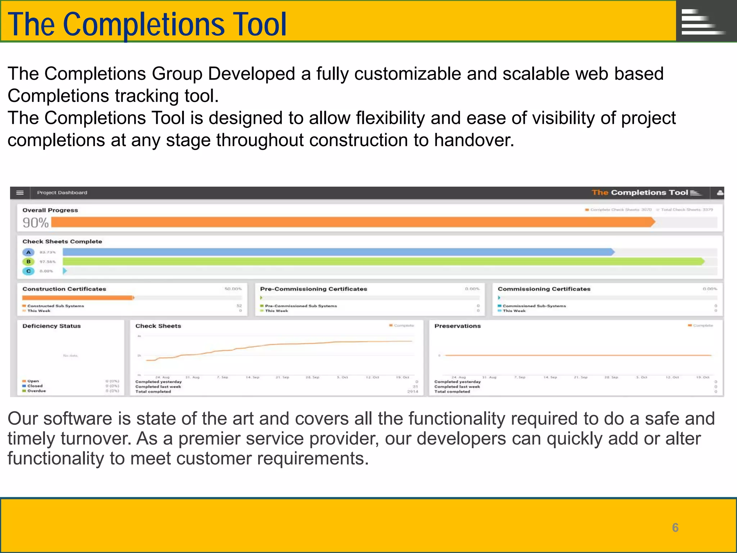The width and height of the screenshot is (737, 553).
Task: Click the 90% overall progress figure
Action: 35,223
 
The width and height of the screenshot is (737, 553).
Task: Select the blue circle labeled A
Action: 28,252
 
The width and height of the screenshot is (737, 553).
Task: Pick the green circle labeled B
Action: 28,262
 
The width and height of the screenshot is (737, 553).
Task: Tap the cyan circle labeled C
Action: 28,271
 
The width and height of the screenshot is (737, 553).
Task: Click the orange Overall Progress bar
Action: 353,222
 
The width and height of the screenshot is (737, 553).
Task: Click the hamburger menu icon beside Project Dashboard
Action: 20,193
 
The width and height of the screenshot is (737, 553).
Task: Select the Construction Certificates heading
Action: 64,289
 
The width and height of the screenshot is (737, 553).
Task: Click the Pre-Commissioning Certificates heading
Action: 313,289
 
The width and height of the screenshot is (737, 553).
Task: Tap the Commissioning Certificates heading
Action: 544,289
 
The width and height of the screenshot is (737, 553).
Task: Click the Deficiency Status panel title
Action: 51,326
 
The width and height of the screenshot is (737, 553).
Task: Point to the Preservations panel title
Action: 457,326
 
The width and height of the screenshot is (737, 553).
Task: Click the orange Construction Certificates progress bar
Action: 77,298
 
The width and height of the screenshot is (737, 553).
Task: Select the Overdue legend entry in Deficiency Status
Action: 36,391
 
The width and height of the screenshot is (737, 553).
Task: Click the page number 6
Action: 675,528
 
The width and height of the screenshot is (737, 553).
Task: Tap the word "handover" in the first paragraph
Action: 473,140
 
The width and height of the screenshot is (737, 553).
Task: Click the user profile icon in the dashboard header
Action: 719,193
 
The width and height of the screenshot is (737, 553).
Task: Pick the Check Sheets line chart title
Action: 158,326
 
